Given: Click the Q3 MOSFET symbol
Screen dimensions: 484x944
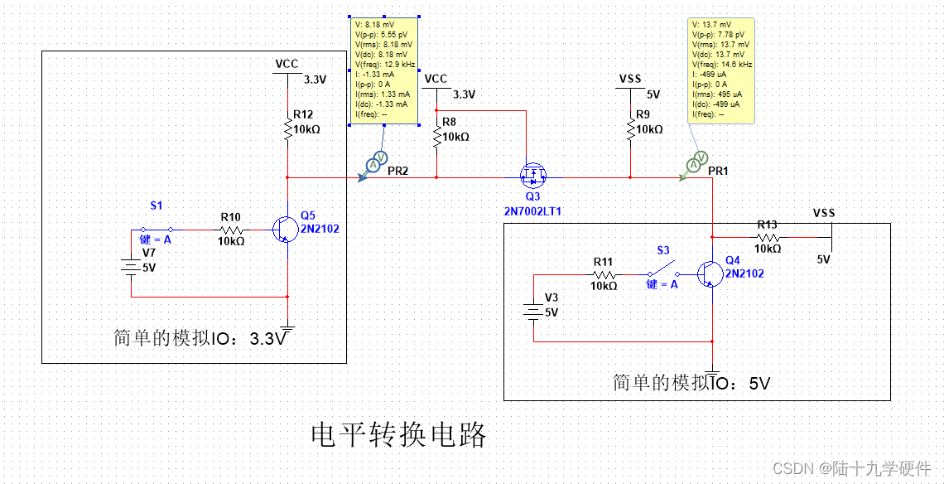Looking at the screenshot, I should (532, 176).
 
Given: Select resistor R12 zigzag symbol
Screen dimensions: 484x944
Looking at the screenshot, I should (287, 131).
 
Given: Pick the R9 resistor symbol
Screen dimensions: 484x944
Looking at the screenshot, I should (630, 128).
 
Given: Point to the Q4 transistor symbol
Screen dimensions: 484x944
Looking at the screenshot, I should (707, 273).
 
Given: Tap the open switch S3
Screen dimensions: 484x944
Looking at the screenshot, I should (662, 272).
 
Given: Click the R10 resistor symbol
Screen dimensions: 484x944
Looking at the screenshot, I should (231, 230).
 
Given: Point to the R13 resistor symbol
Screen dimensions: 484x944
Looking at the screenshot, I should (768, 236).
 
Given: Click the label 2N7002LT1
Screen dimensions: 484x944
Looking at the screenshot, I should (533, 211).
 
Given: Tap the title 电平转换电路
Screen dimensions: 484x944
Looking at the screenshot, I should (398, 434).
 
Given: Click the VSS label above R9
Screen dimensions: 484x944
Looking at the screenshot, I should (630, 79).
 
